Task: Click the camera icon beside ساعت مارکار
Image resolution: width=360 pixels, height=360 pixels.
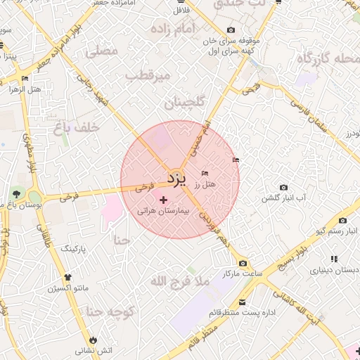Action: click(243, 263)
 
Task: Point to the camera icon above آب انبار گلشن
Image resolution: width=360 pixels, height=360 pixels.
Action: click(283, 188)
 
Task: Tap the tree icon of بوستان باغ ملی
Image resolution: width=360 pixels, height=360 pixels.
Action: click(15, 193)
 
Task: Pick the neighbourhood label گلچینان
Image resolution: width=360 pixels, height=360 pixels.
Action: click(184, 103)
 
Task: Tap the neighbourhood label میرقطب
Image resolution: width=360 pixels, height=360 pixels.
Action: click(148, 75)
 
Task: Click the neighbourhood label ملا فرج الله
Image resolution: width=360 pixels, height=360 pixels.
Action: click(180, 282)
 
